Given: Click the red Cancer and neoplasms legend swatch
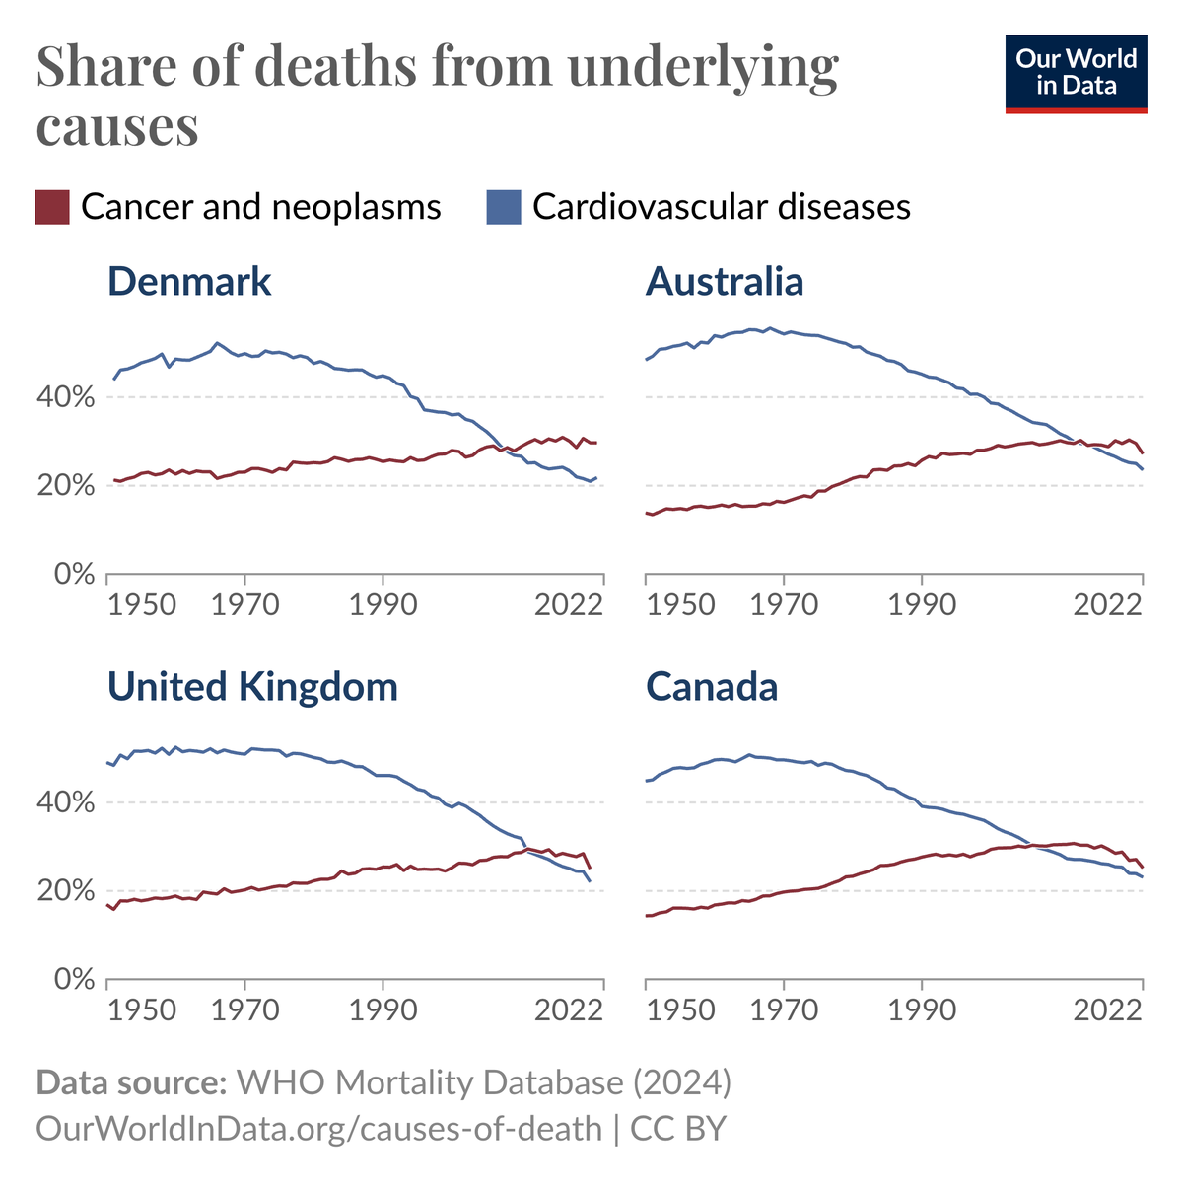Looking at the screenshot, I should tap(52, 208).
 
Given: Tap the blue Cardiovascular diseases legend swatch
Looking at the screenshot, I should tap(504, 208).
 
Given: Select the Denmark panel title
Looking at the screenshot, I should tap(189, 282).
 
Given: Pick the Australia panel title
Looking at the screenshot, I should tap(725, 282).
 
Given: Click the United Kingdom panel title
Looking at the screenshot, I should tap(252, 687).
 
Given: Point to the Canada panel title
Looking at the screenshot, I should tap(712, 687).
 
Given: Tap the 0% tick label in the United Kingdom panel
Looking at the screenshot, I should tap(75, 980).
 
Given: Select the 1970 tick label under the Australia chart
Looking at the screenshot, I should tap(784, 604).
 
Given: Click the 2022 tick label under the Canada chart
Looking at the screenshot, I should tap(1107, 1010).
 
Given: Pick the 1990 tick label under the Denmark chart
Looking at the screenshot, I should tap(383, 604).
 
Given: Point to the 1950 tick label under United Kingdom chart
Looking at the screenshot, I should tap(142, 1010).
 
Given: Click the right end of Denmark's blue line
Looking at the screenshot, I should tap(596, 477).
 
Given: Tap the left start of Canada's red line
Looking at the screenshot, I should tap(646, 916).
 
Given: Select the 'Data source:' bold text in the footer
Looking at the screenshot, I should tap(131, 1082).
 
